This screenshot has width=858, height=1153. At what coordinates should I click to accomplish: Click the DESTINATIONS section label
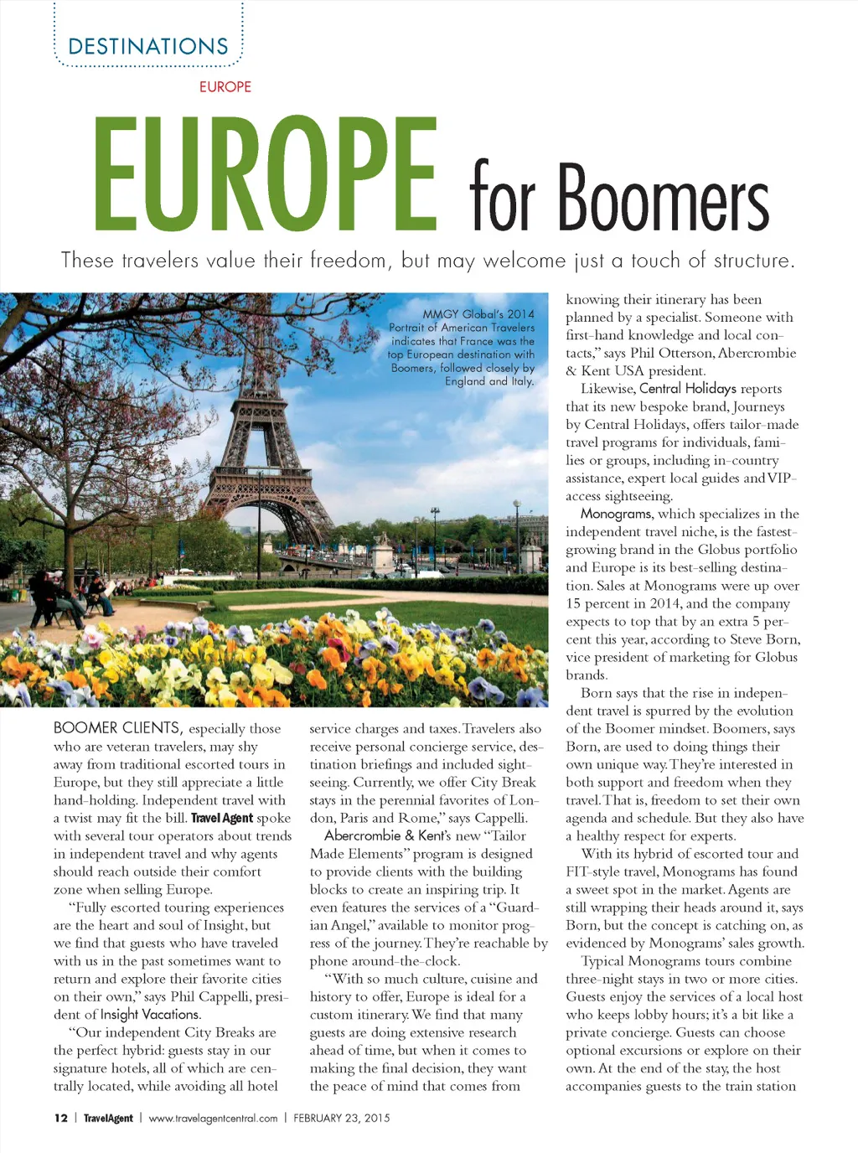point(148,46)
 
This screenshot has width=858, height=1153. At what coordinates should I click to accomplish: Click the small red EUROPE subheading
point(225,86)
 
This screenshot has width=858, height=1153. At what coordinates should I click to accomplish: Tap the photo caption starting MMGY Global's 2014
point(462,347)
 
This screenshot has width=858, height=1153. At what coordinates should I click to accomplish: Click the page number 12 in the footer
point(60,1118)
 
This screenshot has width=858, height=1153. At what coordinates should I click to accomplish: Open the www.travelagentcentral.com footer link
point(213,1118)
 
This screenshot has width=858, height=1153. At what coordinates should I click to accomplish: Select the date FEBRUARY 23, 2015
point(342,1118)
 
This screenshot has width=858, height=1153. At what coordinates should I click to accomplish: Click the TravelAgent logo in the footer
point(108,1118)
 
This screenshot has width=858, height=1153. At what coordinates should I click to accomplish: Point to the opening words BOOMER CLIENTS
point(116,727)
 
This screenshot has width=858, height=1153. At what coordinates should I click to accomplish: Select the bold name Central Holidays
point(687,388)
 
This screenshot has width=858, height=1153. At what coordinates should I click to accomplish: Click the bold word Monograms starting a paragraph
point(616,514)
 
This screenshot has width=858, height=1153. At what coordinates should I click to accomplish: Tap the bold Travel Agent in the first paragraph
point(221,818)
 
